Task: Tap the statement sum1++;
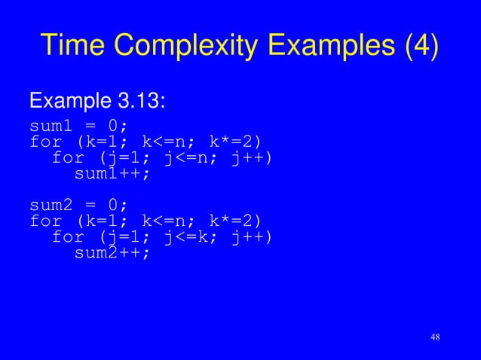[x=112, y=173]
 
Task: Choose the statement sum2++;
[x=112, y=253]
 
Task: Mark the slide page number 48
[x=434, y=336]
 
